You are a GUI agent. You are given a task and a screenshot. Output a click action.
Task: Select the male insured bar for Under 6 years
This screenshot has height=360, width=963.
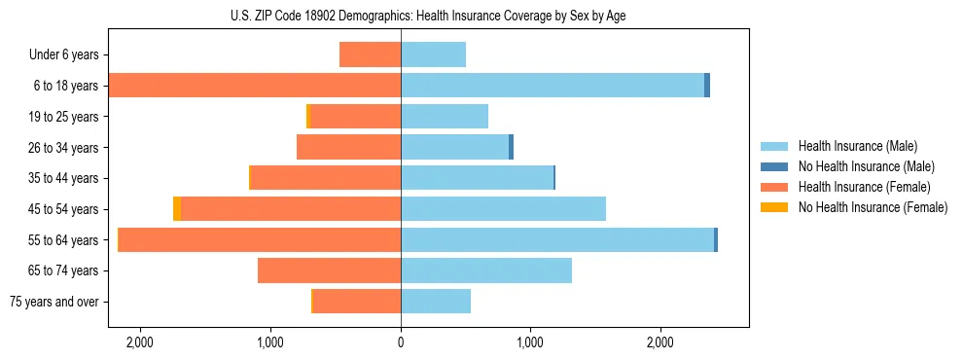[x=433, y=54]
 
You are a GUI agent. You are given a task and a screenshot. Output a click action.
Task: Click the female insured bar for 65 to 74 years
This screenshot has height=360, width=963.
[x=329, y=270]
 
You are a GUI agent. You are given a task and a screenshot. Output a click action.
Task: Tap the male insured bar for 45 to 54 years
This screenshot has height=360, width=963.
[x=503, y=209]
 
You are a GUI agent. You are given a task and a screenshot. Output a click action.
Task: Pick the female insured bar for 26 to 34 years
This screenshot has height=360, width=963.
[x=348, y=147]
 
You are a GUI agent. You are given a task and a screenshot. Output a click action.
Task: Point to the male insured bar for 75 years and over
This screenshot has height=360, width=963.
[x=436, y=302]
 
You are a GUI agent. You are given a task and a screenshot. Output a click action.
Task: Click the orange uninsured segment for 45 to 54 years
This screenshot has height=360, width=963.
[x=177, y=209]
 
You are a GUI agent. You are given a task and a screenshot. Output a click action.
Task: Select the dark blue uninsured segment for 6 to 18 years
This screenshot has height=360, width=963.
[x=707, y=86]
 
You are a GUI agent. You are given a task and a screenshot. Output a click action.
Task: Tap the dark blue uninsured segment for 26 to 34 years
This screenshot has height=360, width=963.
[x=511, y=147]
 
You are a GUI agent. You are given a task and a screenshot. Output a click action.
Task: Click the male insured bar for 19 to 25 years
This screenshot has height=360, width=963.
[x=445, y=117]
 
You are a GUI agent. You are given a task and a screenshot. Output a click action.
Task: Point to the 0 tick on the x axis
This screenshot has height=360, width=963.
[x=401, y=342]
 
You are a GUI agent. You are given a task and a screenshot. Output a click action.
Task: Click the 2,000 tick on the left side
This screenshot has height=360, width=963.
[x=140, y=342]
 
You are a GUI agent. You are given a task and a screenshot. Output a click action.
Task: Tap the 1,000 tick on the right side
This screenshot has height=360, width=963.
[x=530, y=342]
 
